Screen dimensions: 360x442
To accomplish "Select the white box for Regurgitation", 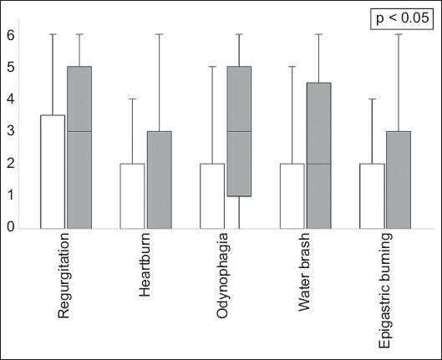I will tap(53, 171).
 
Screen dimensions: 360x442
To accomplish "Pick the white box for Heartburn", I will tap(132, 195).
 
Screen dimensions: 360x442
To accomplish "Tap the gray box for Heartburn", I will tap(159, 180).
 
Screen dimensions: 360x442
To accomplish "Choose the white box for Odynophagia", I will tap(212, 195).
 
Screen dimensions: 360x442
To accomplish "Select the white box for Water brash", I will tap(292, 195).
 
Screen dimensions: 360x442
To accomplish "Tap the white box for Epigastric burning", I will tap(373, 195).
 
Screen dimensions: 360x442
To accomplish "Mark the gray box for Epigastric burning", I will tap(399, 180).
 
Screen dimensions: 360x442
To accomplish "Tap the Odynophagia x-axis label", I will tap(226, 276).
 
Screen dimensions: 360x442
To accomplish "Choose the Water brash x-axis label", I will tap(306, 272).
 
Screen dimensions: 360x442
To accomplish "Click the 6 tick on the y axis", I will tap(11, 35).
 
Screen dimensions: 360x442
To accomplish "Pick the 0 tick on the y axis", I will tap(11, 227).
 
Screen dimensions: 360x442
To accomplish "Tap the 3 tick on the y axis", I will tap(11, 131).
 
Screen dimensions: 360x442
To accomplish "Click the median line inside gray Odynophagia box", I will tap(239, 131).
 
